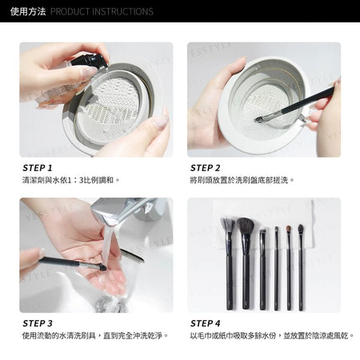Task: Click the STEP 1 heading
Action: tap(38, 168)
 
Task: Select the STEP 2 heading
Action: tap(206, 168)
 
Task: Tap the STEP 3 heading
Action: tap(38, 323)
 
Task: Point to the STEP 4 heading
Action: tap(206, 323)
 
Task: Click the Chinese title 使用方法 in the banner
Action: tap(28, 11)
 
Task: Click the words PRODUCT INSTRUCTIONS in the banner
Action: tap(102, 11)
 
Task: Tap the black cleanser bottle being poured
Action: tap(90, 61)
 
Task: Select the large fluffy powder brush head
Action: tap(245, 226)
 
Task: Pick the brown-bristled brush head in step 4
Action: tap(289, 229)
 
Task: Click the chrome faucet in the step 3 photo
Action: tap(126, 210)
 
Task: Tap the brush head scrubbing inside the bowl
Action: tap(258, 119)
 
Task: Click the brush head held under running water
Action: tap(102, 268)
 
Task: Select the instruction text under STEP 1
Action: tap(70, 180)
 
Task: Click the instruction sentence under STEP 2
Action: tap(242, 180)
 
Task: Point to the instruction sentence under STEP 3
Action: tap(95, 335)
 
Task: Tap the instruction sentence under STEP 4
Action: tap(272, 335)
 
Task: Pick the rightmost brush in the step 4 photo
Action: tap(301, 267)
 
